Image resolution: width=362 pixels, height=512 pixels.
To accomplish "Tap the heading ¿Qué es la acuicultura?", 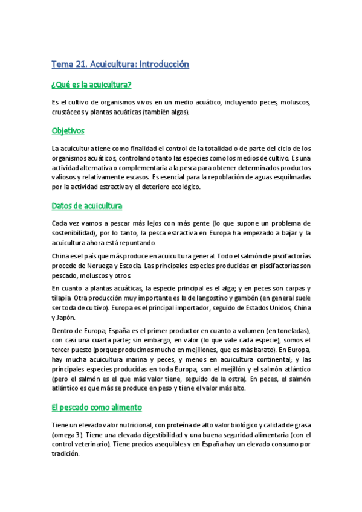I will point(92,84).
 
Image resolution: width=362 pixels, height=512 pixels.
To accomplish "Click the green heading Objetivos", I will point(68,130).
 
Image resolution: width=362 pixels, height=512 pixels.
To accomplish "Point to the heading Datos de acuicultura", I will point(87,206).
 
